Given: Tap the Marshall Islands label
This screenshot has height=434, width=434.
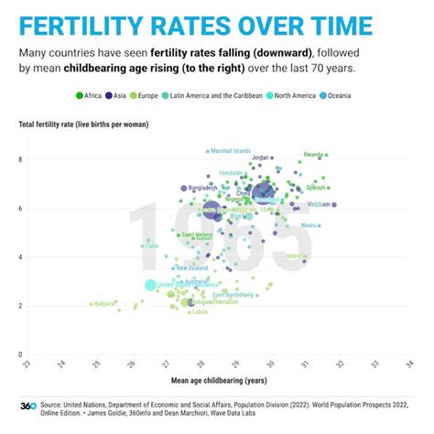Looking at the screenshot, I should (230, 151).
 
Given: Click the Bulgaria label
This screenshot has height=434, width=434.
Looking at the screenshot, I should (103, 303).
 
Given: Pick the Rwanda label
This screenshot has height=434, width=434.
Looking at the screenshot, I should (313, 155).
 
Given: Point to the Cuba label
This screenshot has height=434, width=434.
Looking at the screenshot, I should (152, 245).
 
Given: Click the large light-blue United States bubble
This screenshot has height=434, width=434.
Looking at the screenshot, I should (150, 285).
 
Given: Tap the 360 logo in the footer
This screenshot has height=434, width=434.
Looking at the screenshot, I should (28, 406).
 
